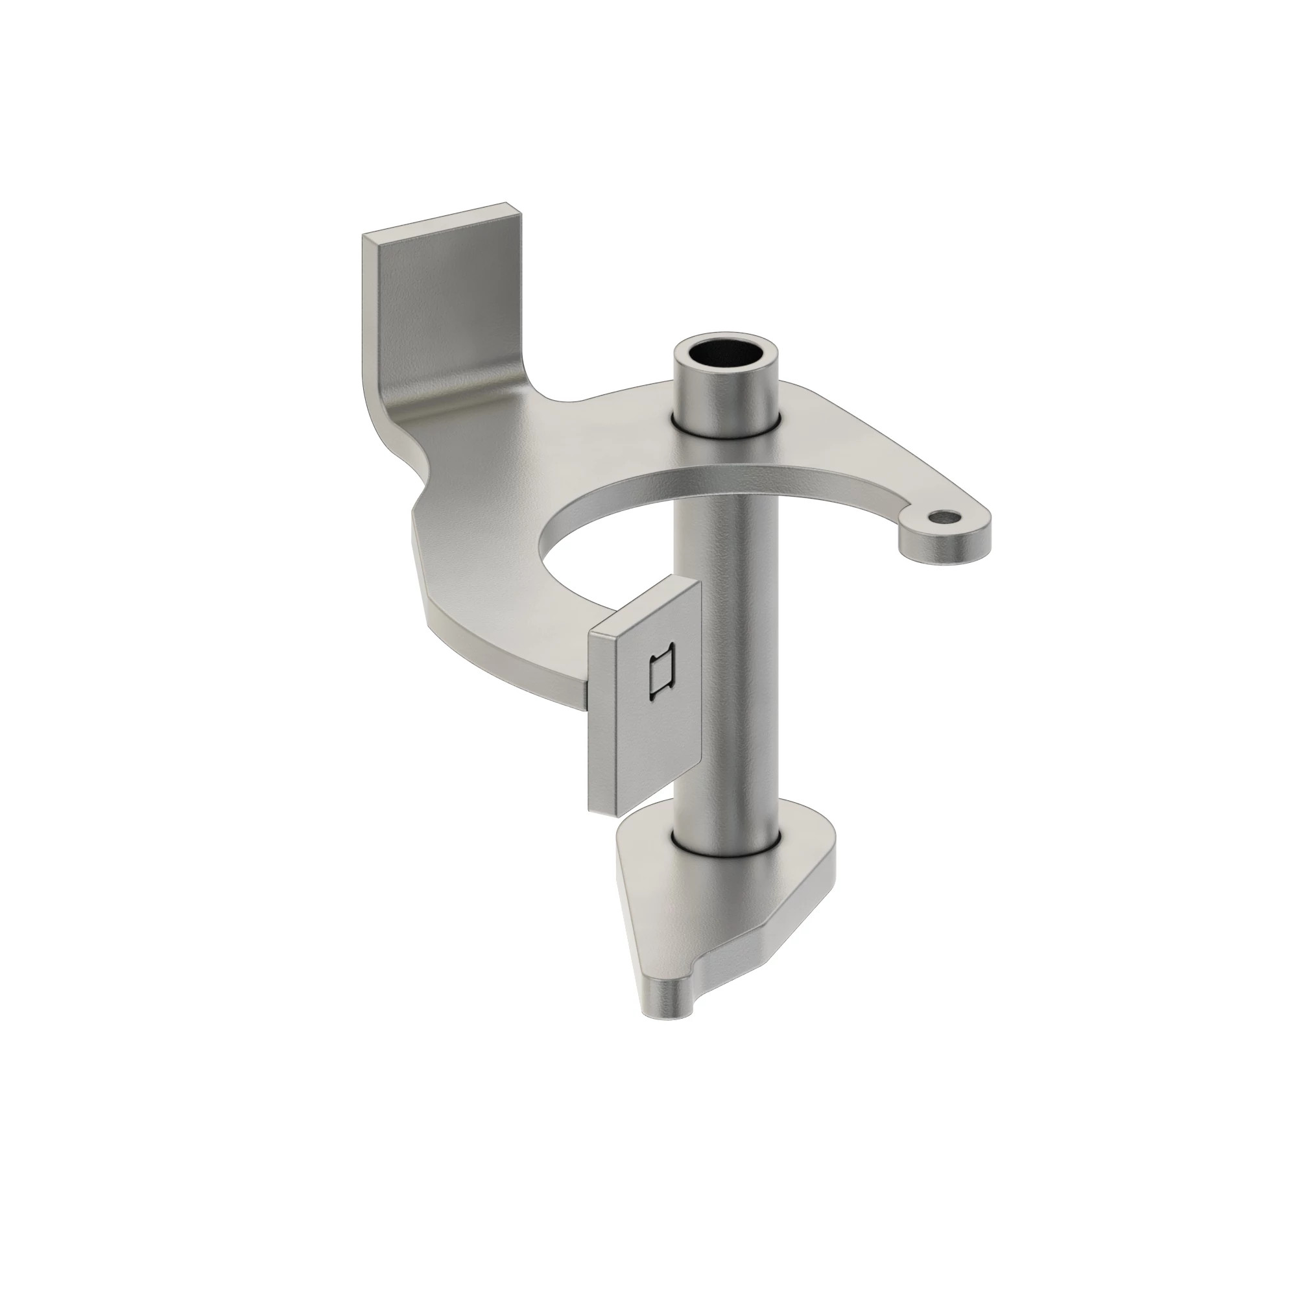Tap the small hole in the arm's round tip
pyautogui.click(x=945, y=517)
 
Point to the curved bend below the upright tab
pyautogui.click(x=430, y=403)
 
